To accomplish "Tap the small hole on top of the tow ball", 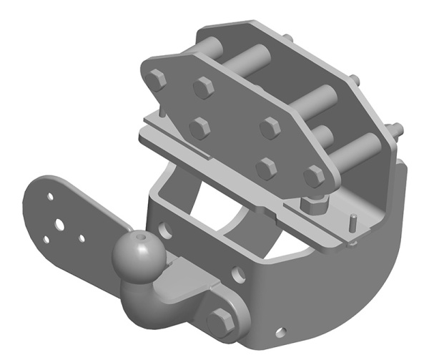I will [143, 236].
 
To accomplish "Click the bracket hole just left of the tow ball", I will [166, 230].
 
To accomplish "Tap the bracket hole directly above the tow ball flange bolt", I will [237, 271].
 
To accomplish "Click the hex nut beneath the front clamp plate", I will [312, 206].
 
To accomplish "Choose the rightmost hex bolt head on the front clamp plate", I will [313, 176].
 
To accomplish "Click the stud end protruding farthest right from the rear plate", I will [395, 131].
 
